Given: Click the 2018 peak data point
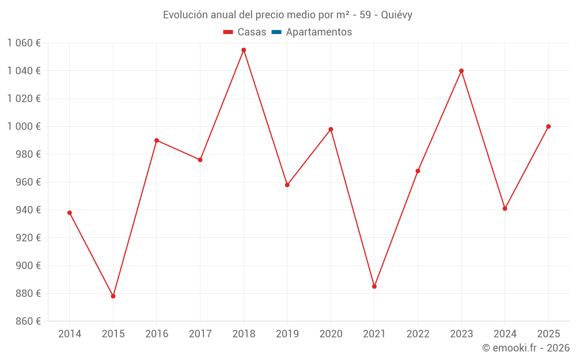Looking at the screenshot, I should click(x=244, y=50).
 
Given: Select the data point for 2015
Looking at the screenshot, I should click(x=113, y=296).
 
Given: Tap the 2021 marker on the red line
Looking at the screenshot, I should click(x=374, y=286).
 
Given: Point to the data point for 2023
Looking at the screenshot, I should click(x=461, y=71).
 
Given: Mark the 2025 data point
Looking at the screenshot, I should click(x=548, y=127).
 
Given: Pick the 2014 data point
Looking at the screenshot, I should click(x=70, y=213).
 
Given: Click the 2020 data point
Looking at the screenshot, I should click(x=331, y=130).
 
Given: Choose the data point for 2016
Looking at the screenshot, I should click(x=157, y=141).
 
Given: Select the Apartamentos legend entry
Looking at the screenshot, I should click(x=319, y=32).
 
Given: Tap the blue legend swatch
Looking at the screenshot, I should click(x=276, y=32).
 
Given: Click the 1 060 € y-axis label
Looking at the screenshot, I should click(x=24, y=43).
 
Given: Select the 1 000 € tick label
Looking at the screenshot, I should click(x=24, y=126).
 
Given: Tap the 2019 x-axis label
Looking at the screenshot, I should click(x=287, y=334).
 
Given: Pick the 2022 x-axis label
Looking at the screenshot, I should click(x=418, y=334).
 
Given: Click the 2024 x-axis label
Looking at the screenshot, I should click(x=505, y=334).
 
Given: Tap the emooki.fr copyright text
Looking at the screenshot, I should click(x=526, y=348).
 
